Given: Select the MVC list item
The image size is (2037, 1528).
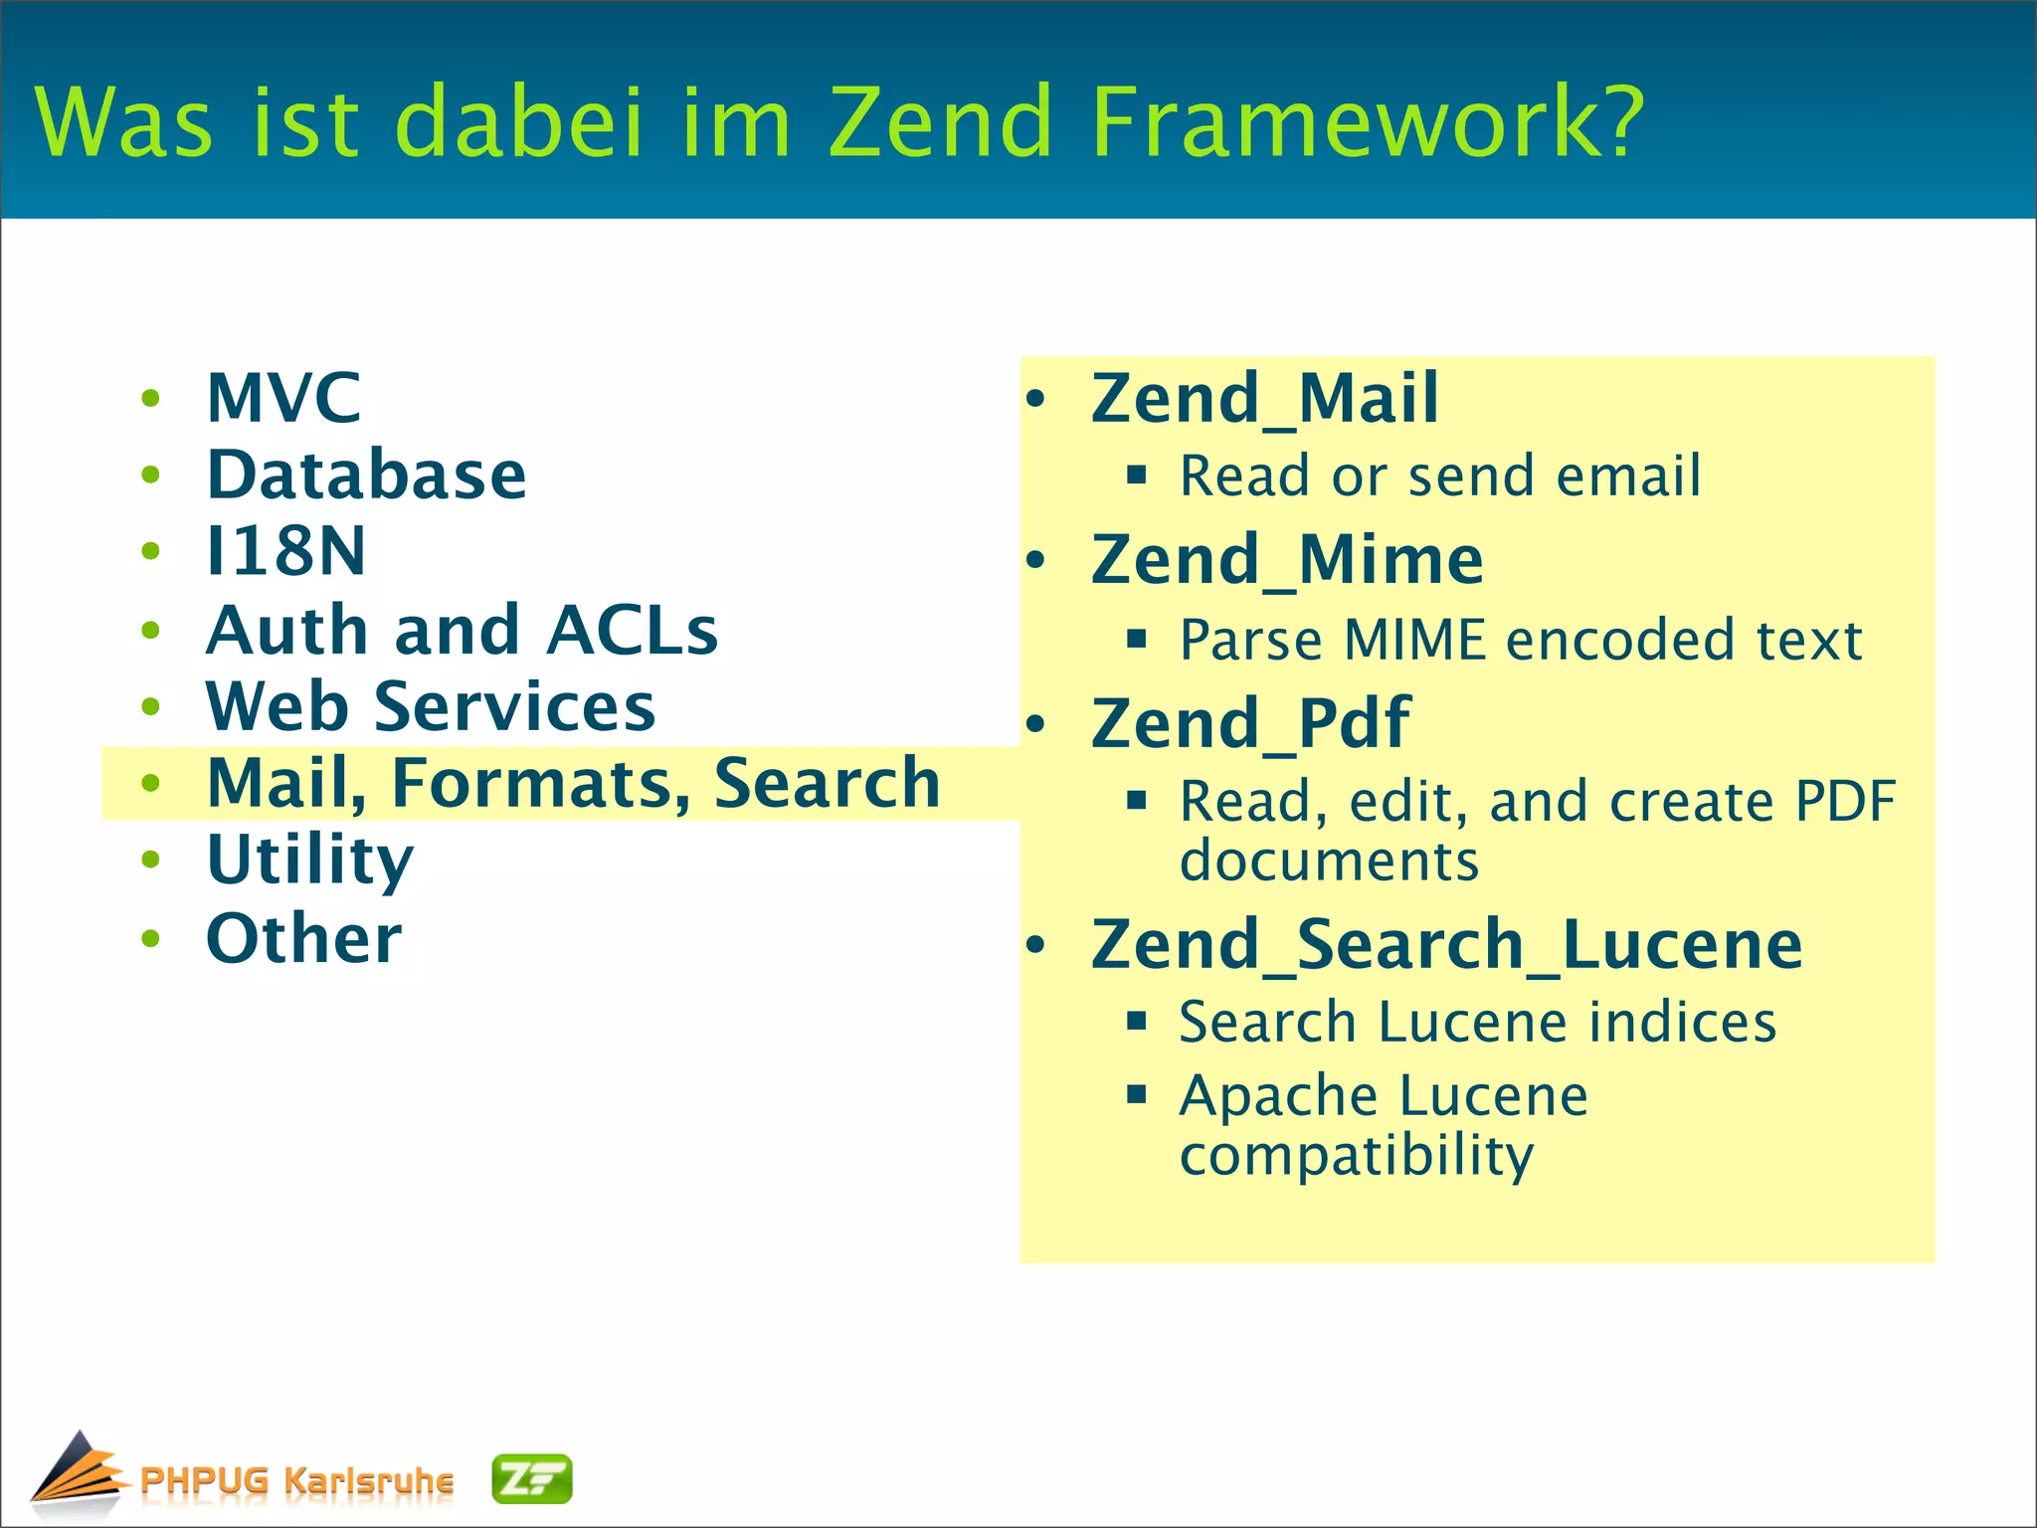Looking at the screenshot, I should click(x=283, y=398).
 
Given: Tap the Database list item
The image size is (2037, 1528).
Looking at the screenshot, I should click(x=366, y=475).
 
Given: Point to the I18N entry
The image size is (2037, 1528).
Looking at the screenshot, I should click(x=285, y=551).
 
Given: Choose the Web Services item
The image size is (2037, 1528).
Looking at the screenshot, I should click(x=430, y=706).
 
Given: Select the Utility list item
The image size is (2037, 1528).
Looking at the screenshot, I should click(x=309, y=859).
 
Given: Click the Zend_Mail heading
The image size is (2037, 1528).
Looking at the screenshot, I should click(x=1264, y=398).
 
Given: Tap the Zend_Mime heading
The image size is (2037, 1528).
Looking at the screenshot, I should click(x=1287, y=560).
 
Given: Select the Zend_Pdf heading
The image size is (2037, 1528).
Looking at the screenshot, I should click(x=1250, y=723).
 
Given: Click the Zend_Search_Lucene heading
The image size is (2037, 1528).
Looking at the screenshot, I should click(x=1446, y=944).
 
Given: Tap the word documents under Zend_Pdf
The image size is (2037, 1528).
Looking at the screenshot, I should click(x=1329, y=860).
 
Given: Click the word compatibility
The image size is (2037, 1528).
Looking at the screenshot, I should click(x=1357, y=1156).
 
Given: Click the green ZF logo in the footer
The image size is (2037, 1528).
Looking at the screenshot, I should click(x=532, y=1479).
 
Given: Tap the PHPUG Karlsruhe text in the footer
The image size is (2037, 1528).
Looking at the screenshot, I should click(x=296, y=1480).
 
